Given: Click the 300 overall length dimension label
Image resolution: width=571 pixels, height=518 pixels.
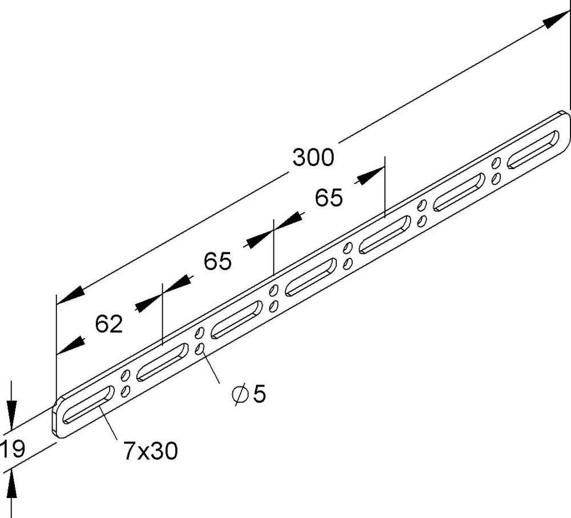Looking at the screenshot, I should coord(313,157).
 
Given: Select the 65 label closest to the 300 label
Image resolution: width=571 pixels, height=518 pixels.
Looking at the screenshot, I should coord(329,198).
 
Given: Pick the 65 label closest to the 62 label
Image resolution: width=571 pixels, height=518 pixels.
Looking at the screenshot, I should coord(218,262).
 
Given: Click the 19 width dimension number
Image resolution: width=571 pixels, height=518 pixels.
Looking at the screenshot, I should coord(13,449).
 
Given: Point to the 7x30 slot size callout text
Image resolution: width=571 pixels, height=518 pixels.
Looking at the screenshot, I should coord(150,451).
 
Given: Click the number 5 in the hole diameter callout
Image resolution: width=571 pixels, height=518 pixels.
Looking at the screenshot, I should coord(260,394).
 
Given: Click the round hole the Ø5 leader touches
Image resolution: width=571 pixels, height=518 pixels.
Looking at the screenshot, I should coord(200,348).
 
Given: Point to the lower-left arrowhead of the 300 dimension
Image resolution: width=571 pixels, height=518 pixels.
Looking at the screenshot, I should coord(69,296).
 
